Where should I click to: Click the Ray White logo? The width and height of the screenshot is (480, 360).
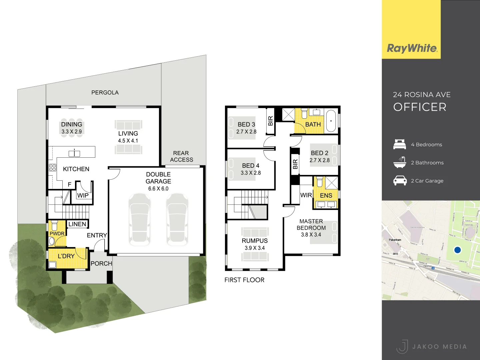[x=412, y=48]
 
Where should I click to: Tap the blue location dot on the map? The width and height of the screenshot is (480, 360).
[x=457, y=250]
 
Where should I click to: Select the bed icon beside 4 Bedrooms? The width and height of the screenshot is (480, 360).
[x=400, y=144]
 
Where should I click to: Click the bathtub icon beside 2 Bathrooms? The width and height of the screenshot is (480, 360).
[x=400, y=162]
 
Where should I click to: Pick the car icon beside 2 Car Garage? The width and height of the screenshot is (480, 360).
[x=400, y=181]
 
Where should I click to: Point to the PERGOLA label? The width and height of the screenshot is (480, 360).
[x=105, y=93]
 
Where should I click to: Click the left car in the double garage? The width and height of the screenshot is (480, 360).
[x=140, y=219]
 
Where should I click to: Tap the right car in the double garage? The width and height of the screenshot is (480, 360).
[x=177, y=219]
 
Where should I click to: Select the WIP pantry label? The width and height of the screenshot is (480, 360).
[x=83, y=195]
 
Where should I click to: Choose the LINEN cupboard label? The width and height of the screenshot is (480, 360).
[x=77, y=224]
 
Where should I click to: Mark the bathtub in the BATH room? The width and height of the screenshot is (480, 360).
[x=331, y=121]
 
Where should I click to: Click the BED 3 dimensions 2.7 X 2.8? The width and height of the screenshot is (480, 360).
[x=246, y=132]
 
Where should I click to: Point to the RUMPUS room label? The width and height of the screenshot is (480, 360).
[x=255, y=241]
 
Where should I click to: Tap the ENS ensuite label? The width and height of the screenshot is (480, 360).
[x=326, y=196]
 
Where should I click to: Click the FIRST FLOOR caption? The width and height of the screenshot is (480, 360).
[x=244, y=280]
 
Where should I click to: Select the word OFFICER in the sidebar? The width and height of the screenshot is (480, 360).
[x=420, y=107]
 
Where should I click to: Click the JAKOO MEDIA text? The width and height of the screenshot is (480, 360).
[x=439, y=347]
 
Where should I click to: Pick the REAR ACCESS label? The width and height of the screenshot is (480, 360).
[x=181, y=156]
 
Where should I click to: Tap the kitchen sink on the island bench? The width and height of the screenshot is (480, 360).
[x=74, y=154]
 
